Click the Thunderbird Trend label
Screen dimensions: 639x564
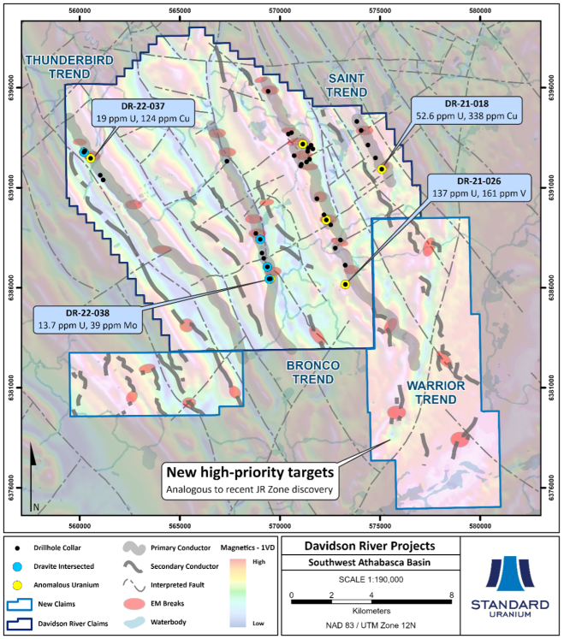[x=58, y=67]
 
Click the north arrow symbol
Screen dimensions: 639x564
[x=33, y=471]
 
